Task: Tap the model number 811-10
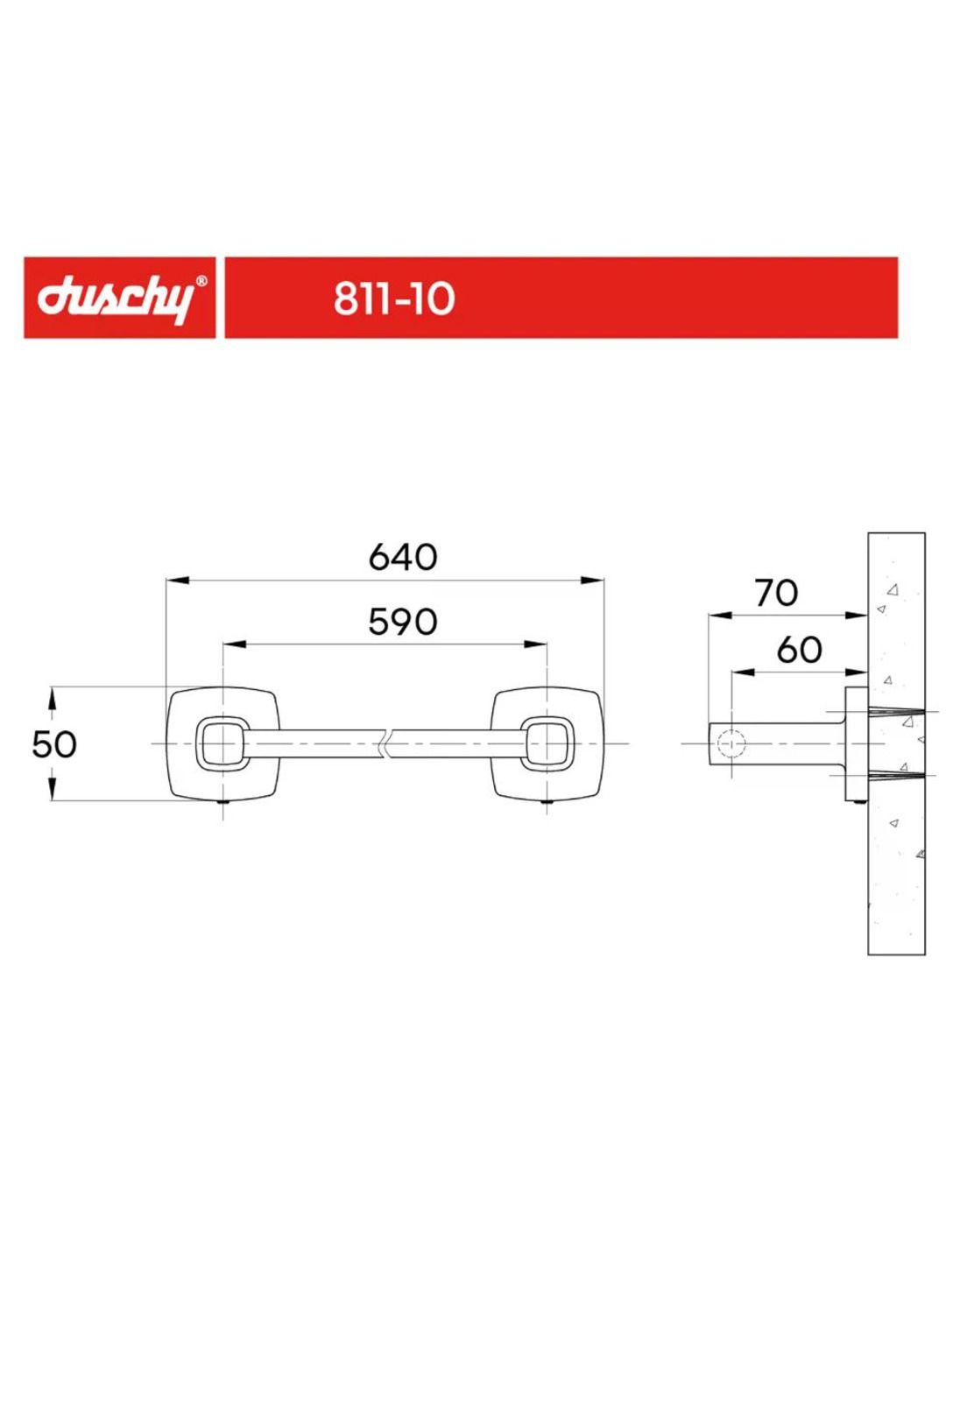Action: coord(393,299)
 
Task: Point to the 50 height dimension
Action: coord(54,744)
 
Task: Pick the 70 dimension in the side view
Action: coord(776,592)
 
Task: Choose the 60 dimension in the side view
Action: coord(799,649)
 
